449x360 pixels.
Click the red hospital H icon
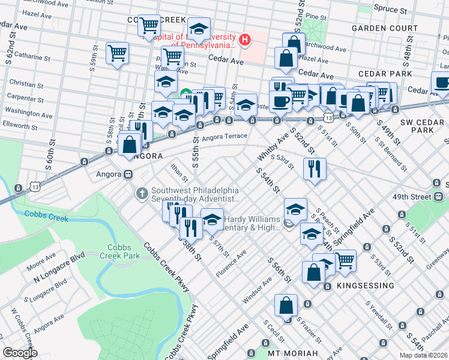[245, 40]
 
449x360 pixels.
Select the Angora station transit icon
[128, 175]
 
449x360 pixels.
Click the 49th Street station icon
[439, 196]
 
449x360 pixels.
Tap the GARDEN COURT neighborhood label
[384, 28]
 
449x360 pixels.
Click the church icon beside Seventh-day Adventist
[142, 193]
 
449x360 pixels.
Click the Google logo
[20, 353]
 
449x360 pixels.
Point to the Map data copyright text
[423, 355]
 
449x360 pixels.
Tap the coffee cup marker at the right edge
[442, 83]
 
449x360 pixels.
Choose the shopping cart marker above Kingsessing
[345, 260]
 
